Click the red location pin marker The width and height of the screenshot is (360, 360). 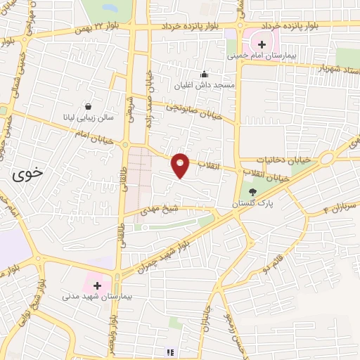181,165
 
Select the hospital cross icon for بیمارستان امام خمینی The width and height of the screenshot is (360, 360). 262,44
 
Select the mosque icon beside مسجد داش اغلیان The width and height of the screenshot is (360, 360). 204,74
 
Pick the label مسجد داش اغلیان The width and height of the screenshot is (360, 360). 203,85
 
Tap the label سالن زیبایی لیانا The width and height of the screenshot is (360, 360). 86,117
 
